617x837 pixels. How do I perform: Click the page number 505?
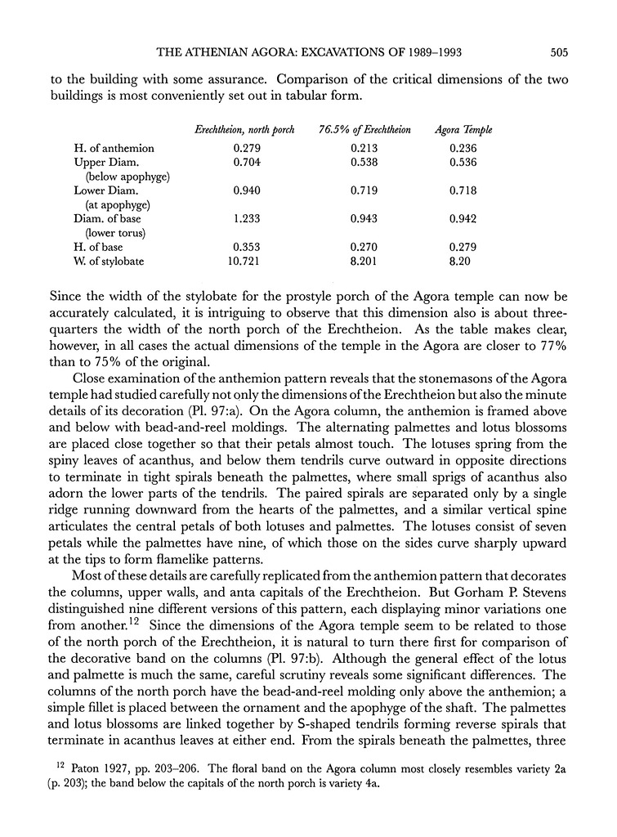tap(559, 53)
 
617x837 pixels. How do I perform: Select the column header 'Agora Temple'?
tap(464, 130)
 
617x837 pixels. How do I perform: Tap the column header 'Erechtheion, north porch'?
tap(240, 130)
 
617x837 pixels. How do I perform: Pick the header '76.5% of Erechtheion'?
tap(364, 130)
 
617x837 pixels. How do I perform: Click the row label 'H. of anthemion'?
tap(114, 148)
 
